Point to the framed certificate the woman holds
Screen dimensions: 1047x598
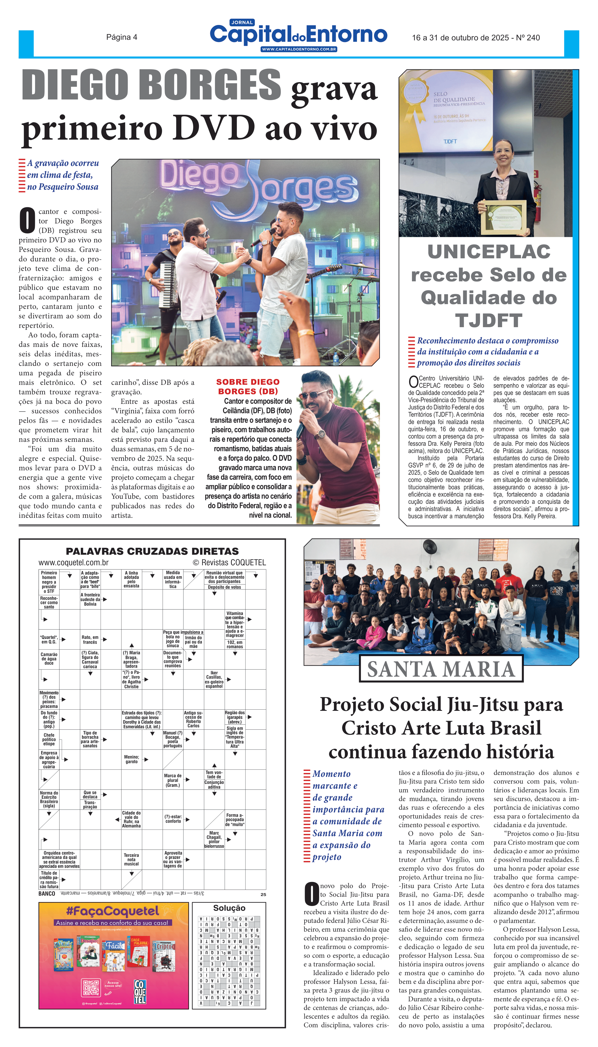tap(503, 215)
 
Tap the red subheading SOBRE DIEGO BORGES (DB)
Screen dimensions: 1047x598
tap(248, 386)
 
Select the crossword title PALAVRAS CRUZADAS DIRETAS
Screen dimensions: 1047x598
tap(152, 551)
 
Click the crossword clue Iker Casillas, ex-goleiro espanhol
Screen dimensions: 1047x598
tap(214, 679)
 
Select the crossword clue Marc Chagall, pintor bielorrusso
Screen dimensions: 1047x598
tap(214, 839)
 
